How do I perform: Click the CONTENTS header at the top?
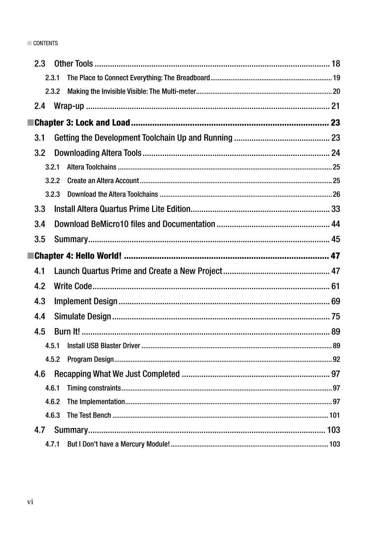pyautogui.click(x=45, y=43)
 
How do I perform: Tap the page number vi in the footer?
pyautogui.click(x=30, y=502)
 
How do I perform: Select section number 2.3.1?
pyautogui.click(x=52, y=78)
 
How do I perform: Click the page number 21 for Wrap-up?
pyautogui.click(x=336, y=106)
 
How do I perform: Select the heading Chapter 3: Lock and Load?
pyautogui.click(x=82, y=122)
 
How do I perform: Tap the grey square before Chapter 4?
pyautogui.click(x=30, y=256)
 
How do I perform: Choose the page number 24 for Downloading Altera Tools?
pyautogui.click(x=336, y=153)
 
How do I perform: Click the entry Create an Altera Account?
pyautogui.click(x=103, y=181)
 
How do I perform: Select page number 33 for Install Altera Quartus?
pyautogui.click(x=336, y=209)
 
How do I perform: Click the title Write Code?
pyautogui.click(x=73, y=286)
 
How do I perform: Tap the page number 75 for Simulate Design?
pyautogui.click(x=336, y=316)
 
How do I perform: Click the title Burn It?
pyautogui.click(x=67, y=332)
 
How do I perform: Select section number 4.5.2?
pyautogui.click(x=52, y=359)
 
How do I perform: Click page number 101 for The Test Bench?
pyautogui.click(x=335, y=415)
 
